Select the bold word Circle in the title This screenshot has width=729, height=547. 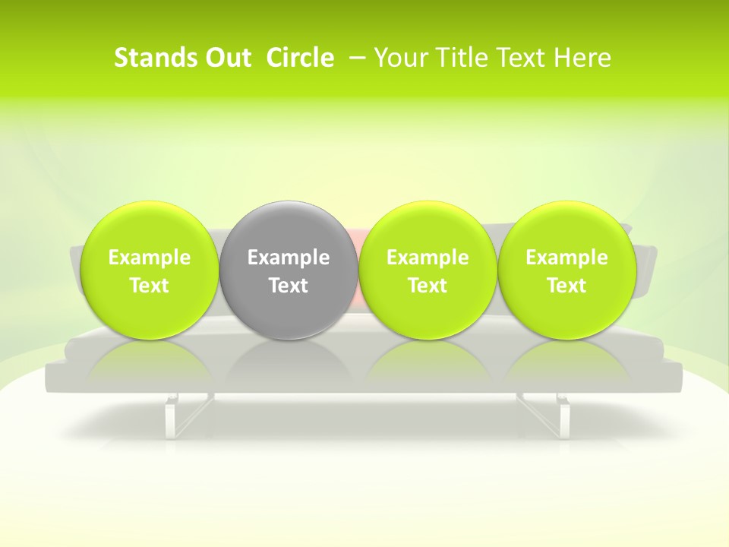coord(300,58)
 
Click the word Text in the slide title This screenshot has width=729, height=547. coord(523,58)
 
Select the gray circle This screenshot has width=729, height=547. coord(289,228)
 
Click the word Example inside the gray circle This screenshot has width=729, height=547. coord(289,258)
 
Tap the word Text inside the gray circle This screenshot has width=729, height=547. coord(289,286)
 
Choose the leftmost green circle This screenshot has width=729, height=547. coord(149,228)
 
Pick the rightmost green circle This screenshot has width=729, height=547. coord(566,228)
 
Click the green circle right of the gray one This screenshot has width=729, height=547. coord(428,228)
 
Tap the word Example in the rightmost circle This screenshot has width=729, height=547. coord(566,258)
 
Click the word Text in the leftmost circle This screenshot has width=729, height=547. coord(149,286)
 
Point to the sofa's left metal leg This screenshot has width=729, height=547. coord(173,414)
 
